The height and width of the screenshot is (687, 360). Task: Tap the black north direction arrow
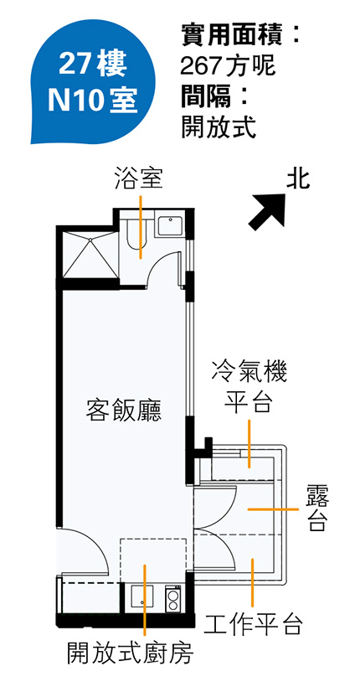[267, 212]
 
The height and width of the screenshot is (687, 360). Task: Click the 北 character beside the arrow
[298, 180]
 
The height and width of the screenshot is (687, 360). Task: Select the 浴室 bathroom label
[139, 178]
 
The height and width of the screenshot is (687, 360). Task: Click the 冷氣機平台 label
[249, 387]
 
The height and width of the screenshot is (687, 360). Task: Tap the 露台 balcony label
[317, 508]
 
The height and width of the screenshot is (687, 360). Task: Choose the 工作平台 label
[253, 624]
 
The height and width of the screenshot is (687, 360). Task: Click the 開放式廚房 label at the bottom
[130, 653]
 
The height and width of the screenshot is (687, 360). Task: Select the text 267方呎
[228, 67]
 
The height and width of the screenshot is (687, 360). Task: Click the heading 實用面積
[231, 35]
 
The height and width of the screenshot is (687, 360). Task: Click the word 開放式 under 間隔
[219, 127]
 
